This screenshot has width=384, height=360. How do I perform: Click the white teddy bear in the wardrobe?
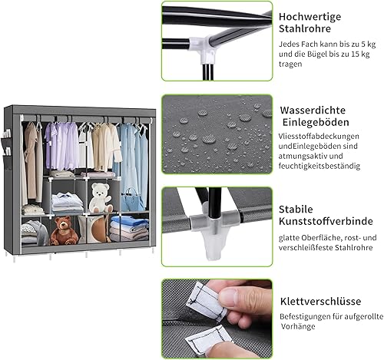[100, 197]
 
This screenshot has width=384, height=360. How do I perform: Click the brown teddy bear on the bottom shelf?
[64, 231]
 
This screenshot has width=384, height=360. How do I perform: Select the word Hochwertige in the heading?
[310, 17]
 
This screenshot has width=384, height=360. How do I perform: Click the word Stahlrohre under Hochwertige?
[305, 28]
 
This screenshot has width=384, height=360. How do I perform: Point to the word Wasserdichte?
[313, 111]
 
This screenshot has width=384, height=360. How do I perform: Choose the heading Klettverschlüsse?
[320, 301]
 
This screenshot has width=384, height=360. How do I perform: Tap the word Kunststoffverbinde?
[326, 221]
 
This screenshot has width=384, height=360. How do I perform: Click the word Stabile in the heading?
[296, 210]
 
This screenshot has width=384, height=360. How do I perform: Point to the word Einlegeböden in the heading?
[316, 122]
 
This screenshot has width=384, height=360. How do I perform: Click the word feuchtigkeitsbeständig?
[319, 166]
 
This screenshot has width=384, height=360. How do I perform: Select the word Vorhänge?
[298, 326]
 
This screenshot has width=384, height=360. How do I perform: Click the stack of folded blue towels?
[130, 227]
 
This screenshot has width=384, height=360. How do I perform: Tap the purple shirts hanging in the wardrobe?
[62, 146]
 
